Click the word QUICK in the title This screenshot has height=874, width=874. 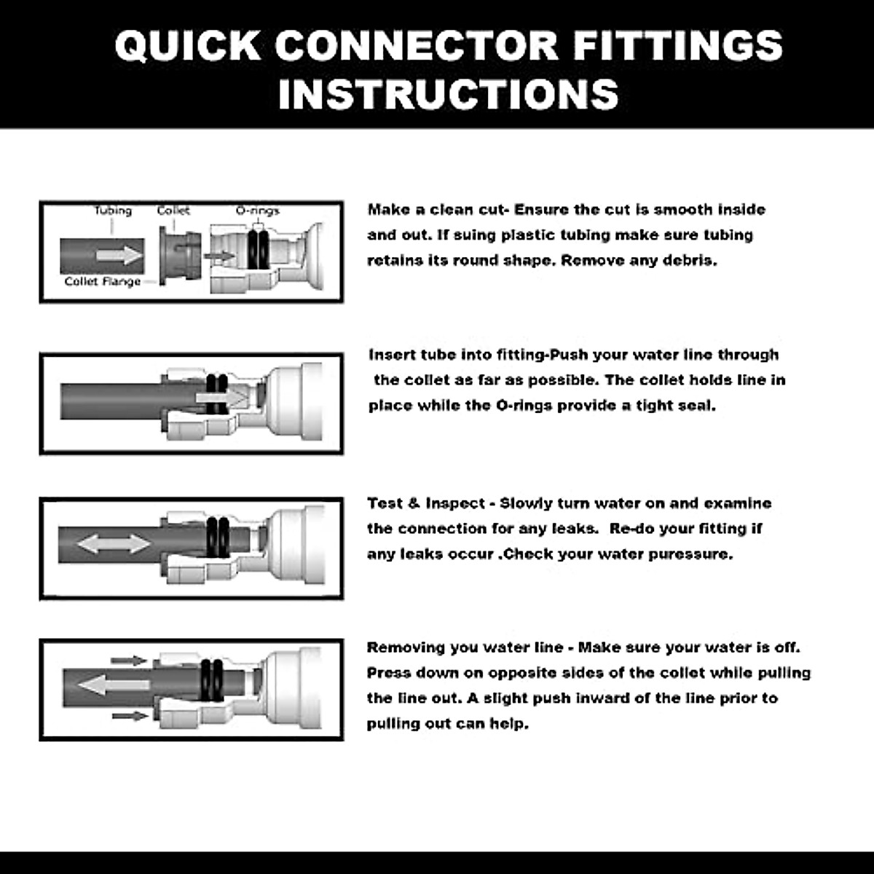pos(188,45)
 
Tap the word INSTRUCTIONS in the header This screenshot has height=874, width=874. pos(448,94)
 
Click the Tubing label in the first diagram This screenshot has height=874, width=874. pos(113,210)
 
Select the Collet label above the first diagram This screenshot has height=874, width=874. pos(173,210)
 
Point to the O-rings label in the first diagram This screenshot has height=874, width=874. pos(257,210)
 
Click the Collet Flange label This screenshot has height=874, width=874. pos(103,282)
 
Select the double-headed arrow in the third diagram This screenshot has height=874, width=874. pos(114,543)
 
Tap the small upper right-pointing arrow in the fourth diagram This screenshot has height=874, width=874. pos(129,661)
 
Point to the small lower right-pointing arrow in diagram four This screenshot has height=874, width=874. pos(130,717)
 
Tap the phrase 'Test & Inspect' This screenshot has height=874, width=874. pos(426,503)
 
